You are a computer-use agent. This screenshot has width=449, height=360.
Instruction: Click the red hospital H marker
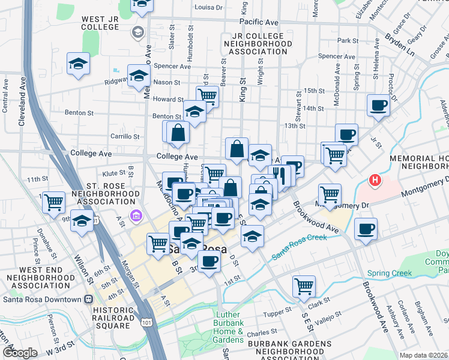(375, 179)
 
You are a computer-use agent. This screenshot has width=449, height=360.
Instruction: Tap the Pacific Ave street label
(259, 22)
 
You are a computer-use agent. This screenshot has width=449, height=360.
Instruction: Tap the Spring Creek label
(391, 273)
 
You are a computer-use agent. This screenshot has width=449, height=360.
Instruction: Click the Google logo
(20, 353)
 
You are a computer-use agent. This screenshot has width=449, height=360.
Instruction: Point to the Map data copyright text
(423, 355)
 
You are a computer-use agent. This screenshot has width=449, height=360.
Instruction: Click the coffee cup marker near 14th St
(378, 106)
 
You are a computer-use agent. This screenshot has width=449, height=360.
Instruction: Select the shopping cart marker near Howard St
(207, 95)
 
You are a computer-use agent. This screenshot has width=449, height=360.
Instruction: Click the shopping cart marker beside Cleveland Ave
(54, 202)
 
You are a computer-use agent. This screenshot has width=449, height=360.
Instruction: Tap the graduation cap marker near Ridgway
(139, 76)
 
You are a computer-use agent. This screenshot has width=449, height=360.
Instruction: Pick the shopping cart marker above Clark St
(304, 286)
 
